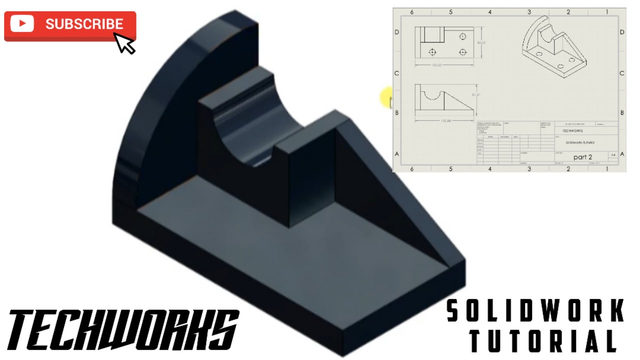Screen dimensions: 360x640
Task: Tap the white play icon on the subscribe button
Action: [x=21, y=24]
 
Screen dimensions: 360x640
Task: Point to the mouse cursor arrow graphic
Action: [x=124, y=43]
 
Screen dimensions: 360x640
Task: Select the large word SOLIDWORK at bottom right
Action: [x=535, y=310]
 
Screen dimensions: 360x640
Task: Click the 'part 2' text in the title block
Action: [x=582, y=157]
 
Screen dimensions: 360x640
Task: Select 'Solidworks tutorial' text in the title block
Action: [x=580, y=142]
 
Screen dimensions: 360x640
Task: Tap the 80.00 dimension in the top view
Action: [x=481, y=43]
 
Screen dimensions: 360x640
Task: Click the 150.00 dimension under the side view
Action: [x=445, y=120]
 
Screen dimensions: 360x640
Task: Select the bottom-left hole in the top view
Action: [x=432, y=52]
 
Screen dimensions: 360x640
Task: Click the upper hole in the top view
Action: [x=463, y=36]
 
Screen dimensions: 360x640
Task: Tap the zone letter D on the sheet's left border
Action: [x=397, y=32]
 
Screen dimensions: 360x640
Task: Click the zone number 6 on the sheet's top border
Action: [x=412, y=12]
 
